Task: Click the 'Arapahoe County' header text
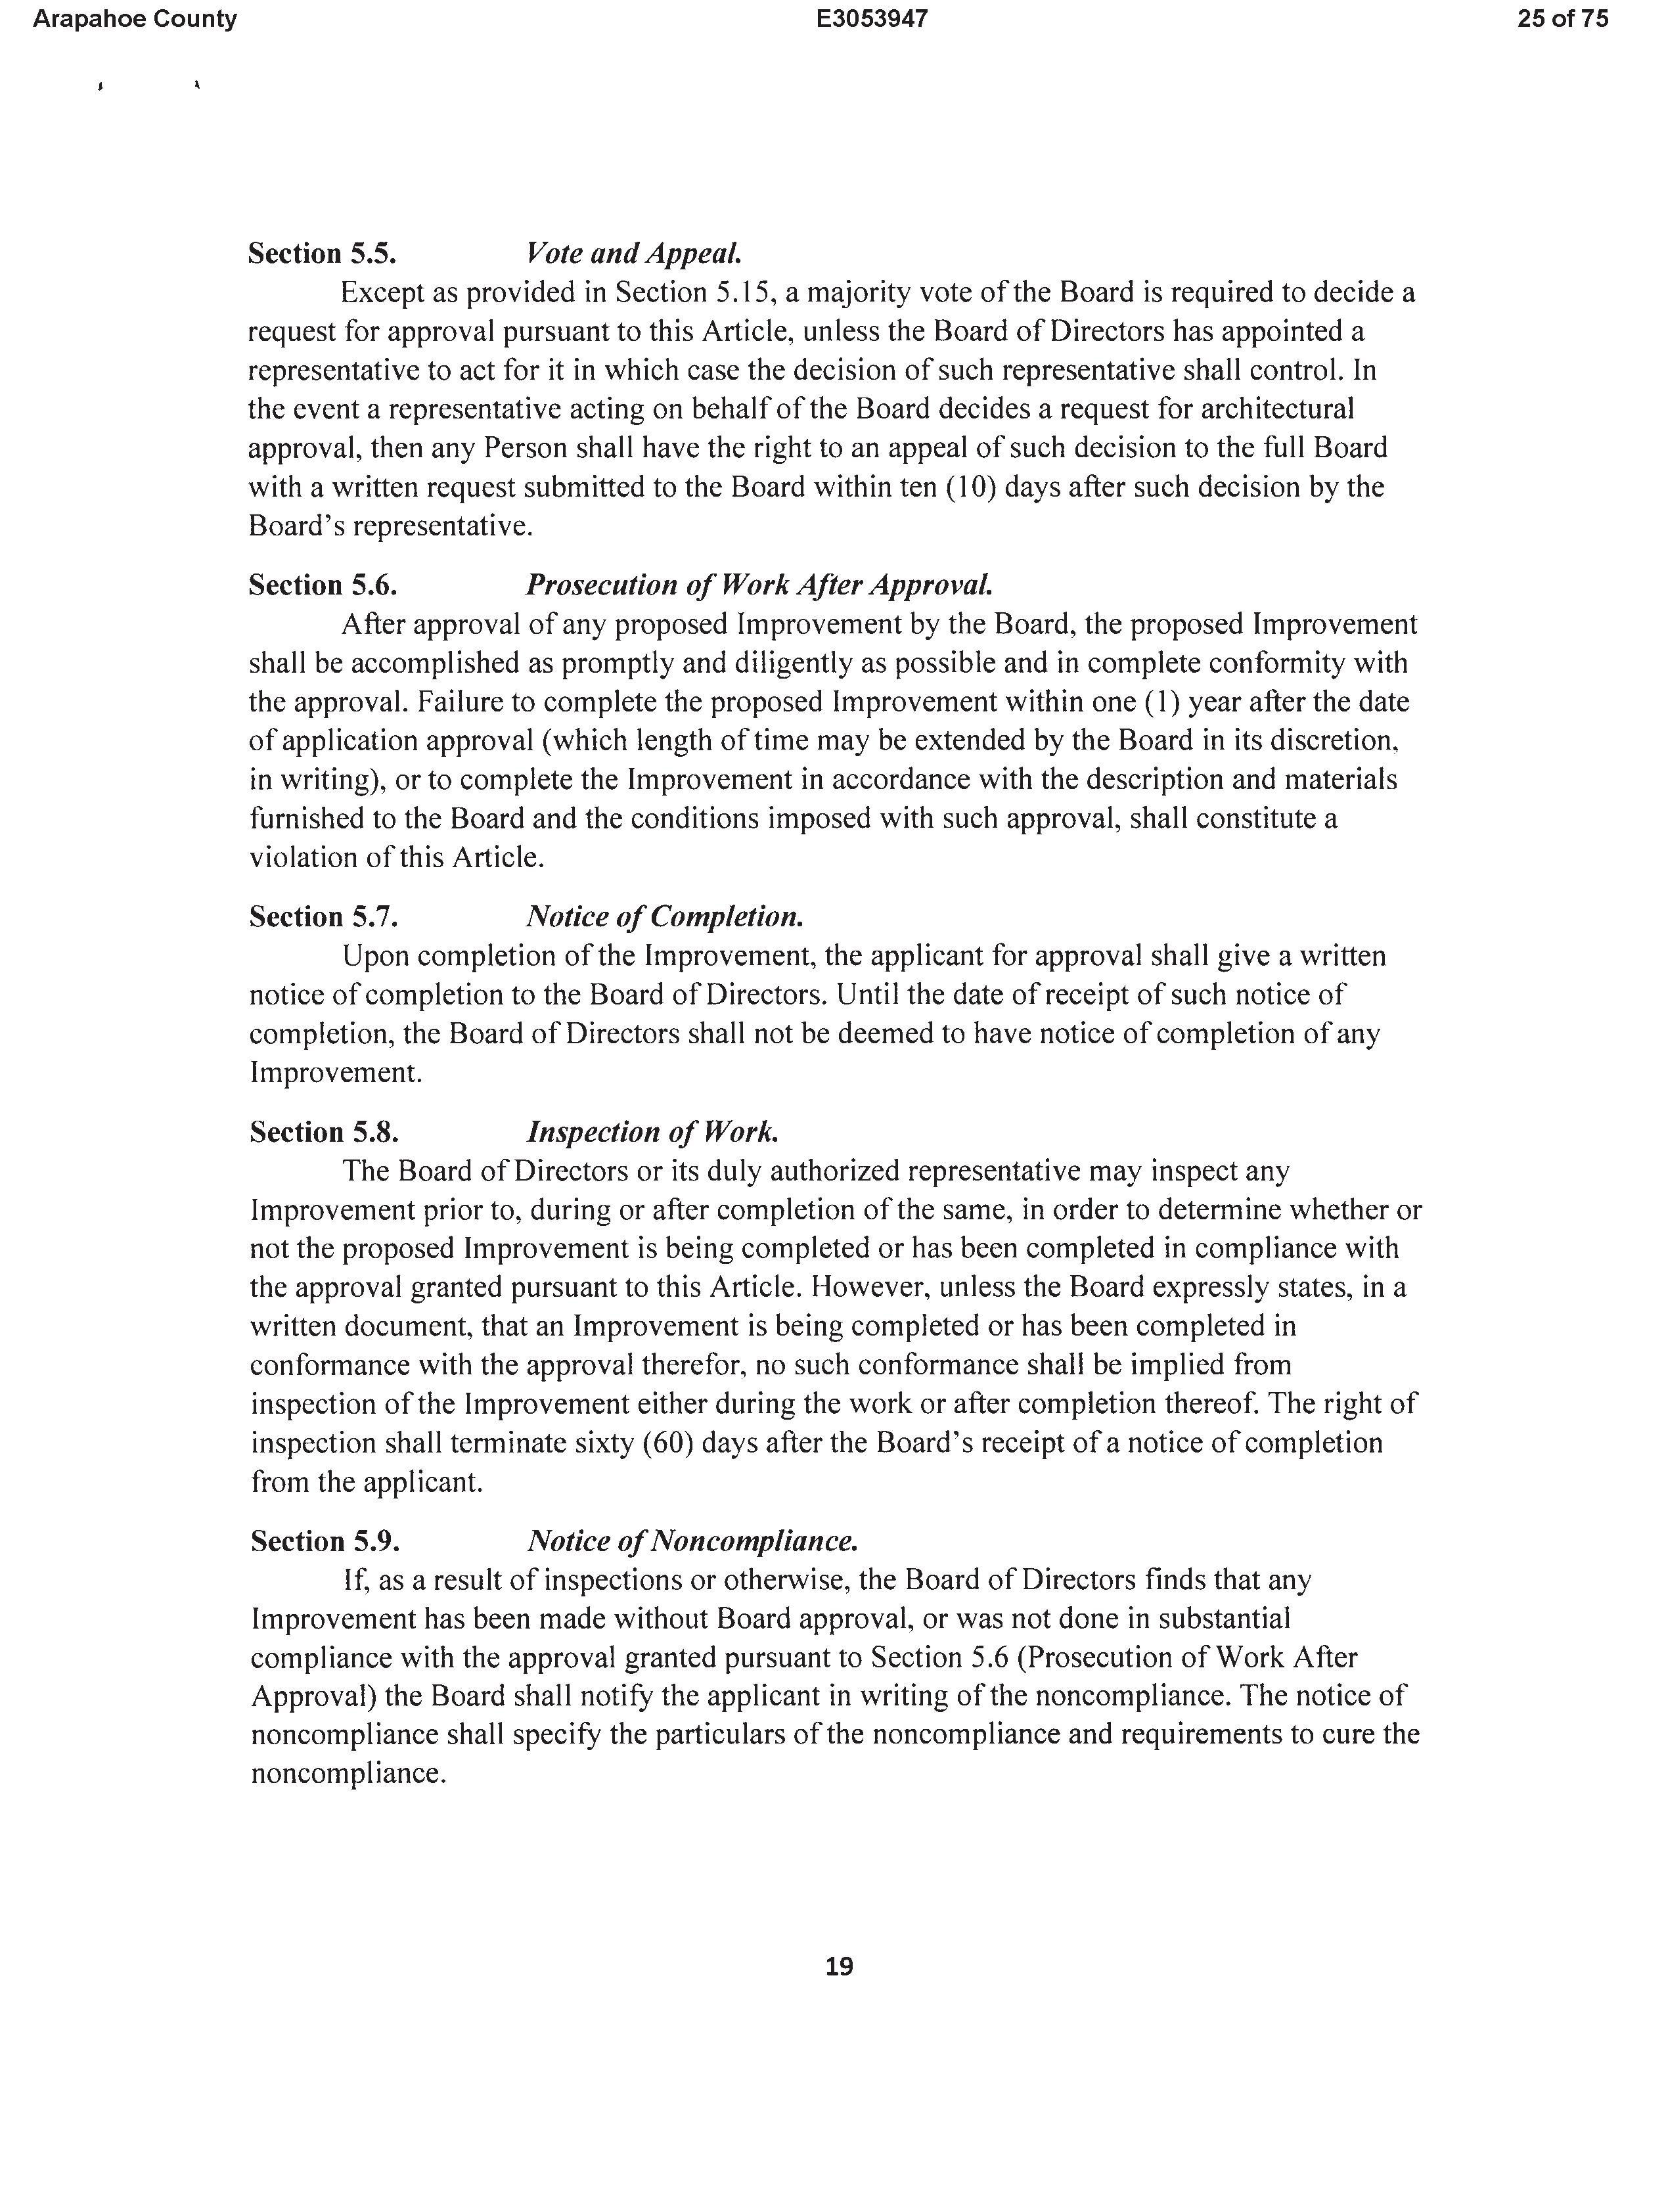pos(135,19)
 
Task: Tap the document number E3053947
pos(872,19)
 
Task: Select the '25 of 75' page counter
pos(1562,19)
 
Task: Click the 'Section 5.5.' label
pos(323,254)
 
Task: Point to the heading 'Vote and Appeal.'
pos(634,254)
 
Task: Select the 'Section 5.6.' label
pos(323,585)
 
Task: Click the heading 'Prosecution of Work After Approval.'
pos(759,585)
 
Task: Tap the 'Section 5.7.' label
pos(323,916)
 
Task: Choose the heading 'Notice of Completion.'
pos(664,916)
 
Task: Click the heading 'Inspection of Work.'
pos(652,1133)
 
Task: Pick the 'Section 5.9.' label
pos(325,1541)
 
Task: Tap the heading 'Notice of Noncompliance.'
pos(692,1541)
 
